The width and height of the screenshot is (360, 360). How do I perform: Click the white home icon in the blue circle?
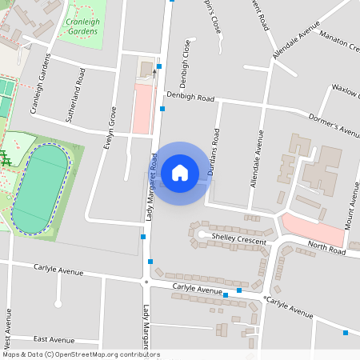tap(180, 172)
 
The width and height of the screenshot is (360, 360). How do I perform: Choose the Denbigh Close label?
tap(186, 63)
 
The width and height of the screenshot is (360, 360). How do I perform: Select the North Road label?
tap(326, 250)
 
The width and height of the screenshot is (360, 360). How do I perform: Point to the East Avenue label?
tap(54, 339)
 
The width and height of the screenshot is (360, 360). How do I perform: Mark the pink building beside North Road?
tap(313, 227)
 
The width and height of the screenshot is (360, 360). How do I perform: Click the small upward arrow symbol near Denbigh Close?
tap(154, 72)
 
